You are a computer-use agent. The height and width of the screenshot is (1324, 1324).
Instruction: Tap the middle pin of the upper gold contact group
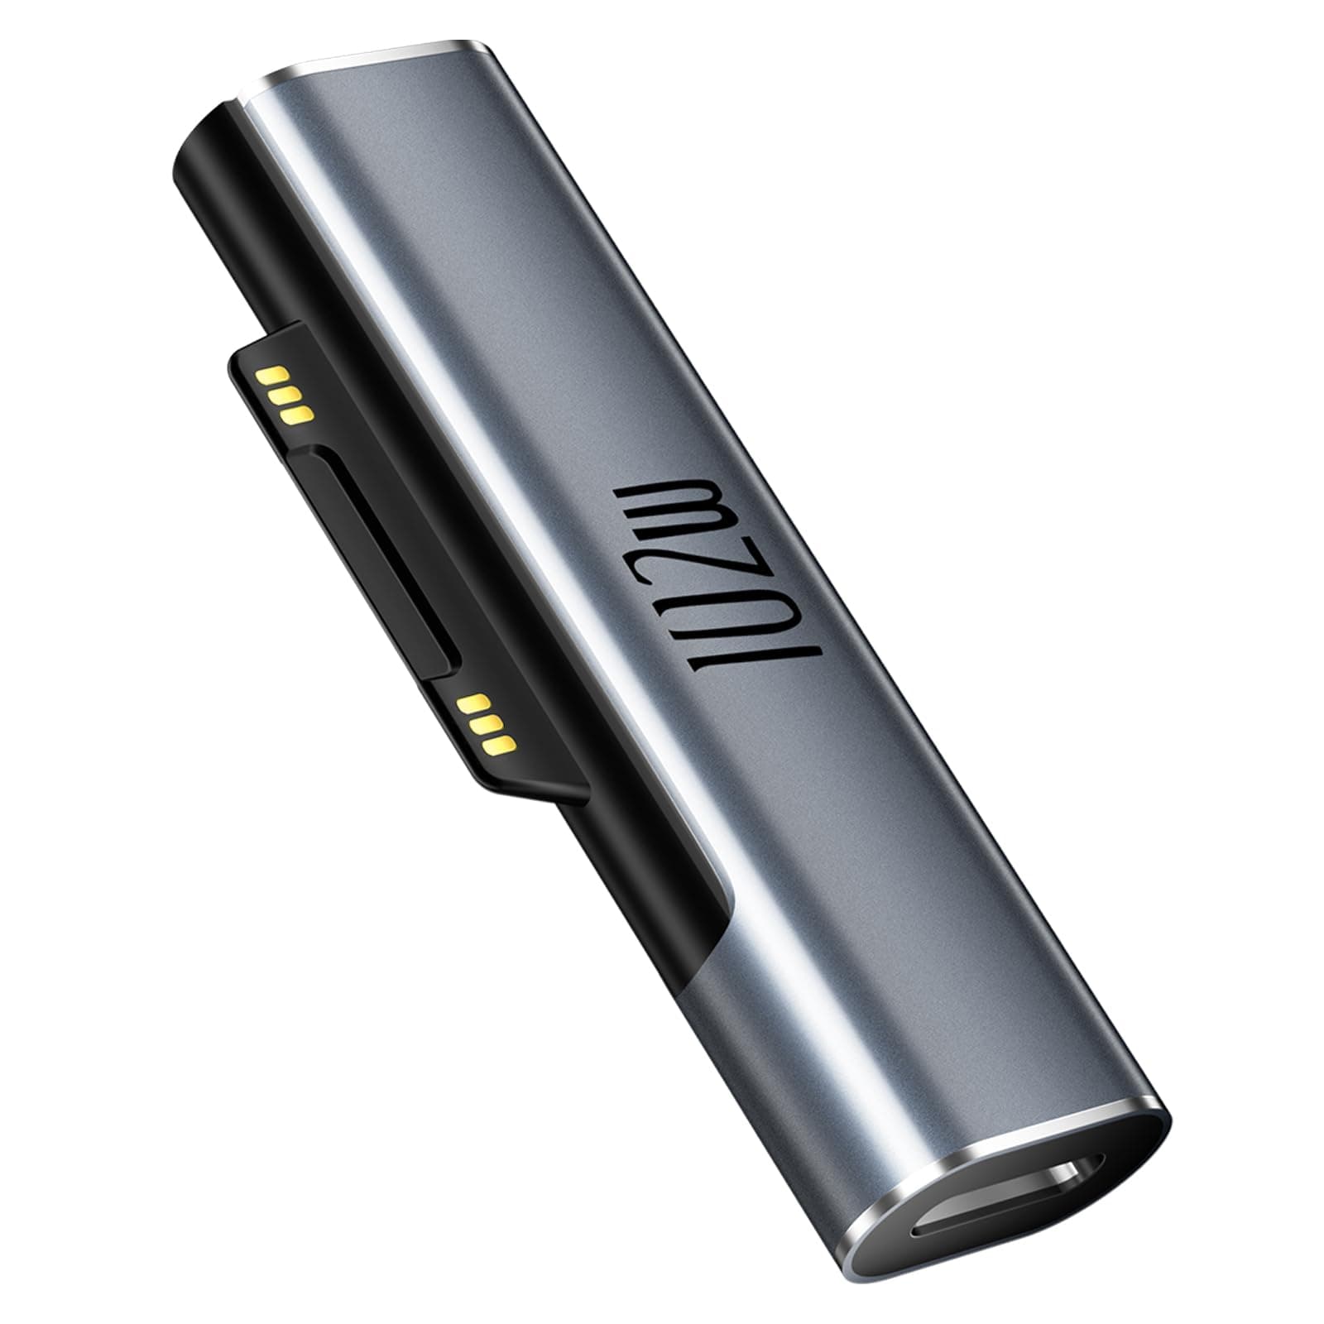point(285,393)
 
